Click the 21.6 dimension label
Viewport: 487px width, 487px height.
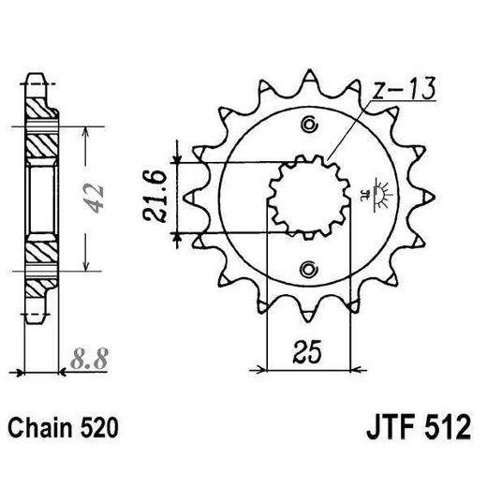click(x=156, y=198)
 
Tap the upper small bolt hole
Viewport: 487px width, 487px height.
click(x=308, y=124)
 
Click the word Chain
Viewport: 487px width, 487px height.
click(x=43, y=429)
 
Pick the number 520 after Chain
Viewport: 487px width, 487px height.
click(x=99, y=429)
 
